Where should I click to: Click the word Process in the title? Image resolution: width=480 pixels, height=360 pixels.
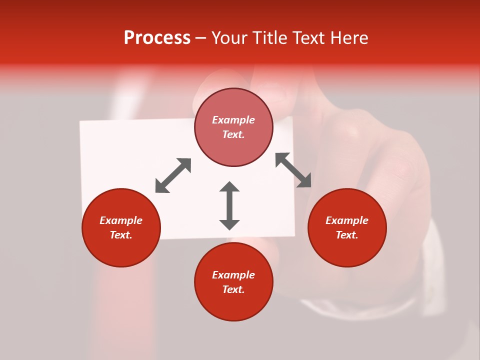point(157,38)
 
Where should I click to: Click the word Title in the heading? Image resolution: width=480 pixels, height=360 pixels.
point(269,38)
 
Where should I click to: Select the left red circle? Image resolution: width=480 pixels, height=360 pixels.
point(121,249)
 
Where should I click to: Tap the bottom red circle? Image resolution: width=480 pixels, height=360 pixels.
point(233,305)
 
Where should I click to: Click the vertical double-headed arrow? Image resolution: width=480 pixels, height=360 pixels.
point(229,205)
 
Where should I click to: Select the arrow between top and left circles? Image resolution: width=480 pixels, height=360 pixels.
point(173,175)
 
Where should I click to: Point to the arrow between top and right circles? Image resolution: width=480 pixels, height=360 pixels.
point(293,170)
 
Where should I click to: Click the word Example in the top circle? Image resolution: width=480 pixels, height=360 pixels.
point(233,120)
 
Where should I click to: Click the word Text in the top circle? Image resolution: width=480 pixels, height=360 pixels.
point(233,134)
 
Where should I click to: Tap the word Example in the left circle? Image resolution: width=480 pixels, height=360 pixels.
point(121,220)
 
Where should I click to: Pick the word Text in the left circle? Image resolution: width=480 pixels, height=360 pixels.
point(120,235)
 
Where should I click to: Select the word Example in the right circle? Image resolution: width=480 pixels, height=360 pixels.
point(347,220)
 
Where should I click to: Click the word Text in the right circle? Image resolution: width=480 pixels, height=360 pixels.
point(346,235)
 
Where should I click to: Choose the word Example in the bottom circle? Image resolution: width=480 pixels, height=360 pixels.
point(233,275)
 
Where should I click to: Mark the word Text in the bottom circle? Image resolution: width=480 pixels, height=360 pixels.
point(233,289)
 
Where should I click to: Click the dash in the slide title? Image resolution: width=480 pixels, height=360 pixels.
point(200,38)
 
